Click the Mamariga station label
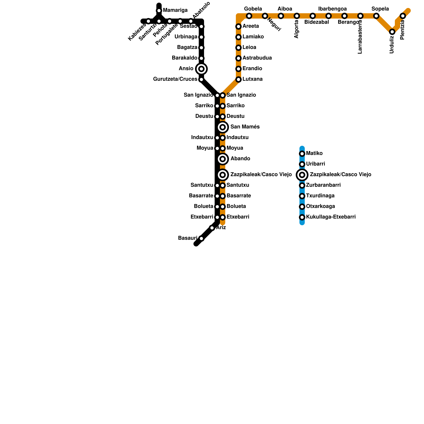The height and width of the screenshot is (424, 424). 175,10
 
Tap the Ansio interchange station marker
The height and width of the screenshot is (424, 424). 201,69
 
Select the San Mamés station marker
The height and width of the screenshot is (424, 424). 223,127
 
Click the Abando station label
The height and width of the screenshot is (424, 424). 240,159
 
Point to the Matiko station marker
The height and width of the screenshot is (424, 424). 302,154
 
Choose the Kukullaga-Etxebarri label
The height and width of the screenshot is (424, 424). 331,217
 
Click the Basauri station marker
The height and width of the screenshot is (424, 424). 201,238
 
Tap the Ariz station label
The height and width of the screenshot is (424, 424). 221,227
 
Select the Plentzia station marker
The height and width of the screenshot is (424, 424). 403,16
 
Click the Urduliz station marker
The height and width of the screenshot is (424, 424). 392,32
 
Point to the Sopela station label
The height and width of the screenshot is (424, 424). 380,9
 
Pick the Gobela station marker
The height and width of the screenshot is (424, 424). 249,16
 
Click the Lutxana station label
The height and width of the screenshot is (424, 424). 253,79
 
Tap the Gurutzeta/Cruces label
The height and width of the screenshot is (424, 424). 175,79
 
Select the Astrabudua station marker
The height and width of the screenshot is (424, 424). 238,58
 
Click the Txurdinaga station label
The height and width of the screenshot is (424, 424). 320,196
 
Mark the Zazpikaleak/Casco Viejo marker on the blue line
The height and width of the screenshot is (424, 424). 302,175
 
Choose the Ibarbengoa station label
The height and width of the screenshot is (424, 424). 332,9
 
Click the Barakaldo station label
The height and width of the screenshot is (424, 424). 184,58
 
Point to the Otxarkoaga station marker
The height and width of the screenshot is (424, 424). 302,207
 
